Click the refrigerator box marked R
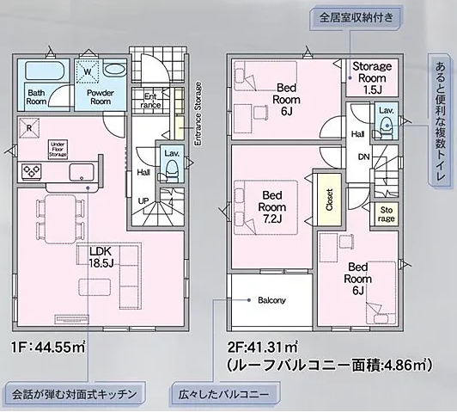[x=29, y=129]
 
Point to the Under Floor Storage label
[x=58, y=149]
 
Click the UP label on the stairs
[x=143, y=200]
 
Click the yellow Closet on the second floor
[x=326, y=200]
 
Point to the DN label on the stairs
[x=363, y=157]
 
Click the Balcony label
[x=271, y=300]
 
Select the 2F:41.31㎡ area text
[x=262, y=347]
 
